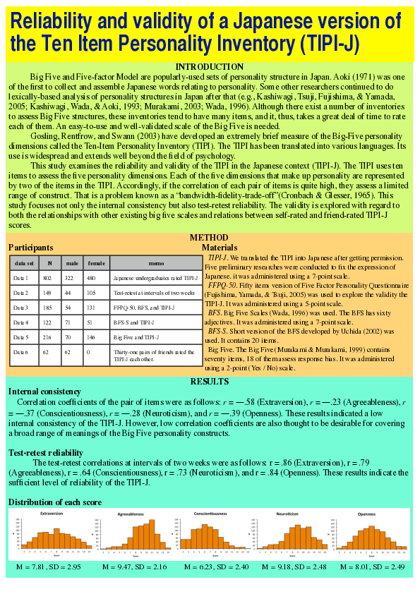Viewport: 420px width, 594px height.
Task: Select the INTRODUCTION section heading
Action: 210,67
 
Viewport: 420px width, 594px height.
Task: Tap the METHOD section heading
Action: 209,238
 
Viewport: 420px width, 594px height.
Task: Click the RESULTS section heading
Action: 210,382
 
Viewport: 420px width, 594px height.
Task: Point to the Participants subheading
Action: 30,248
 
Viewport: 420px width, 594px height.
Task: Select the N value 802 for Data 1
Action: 49,278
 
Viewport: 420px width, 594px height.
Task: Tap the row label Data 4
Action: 22,322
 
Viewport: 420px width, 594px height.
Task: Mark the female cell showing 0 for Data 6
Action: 88,351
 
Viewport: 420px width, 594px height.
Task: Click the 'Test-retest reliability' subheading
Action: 45,452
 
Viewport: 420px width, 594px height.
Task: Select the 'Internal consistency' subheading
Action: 43,391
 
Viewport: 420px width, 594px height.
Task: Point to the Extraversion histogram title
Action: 52,514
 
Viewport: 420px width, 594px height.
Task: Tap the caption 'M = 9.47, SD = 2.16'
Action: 134,566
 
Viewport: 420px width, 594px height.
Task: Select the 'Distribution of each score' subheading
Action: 55,502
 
